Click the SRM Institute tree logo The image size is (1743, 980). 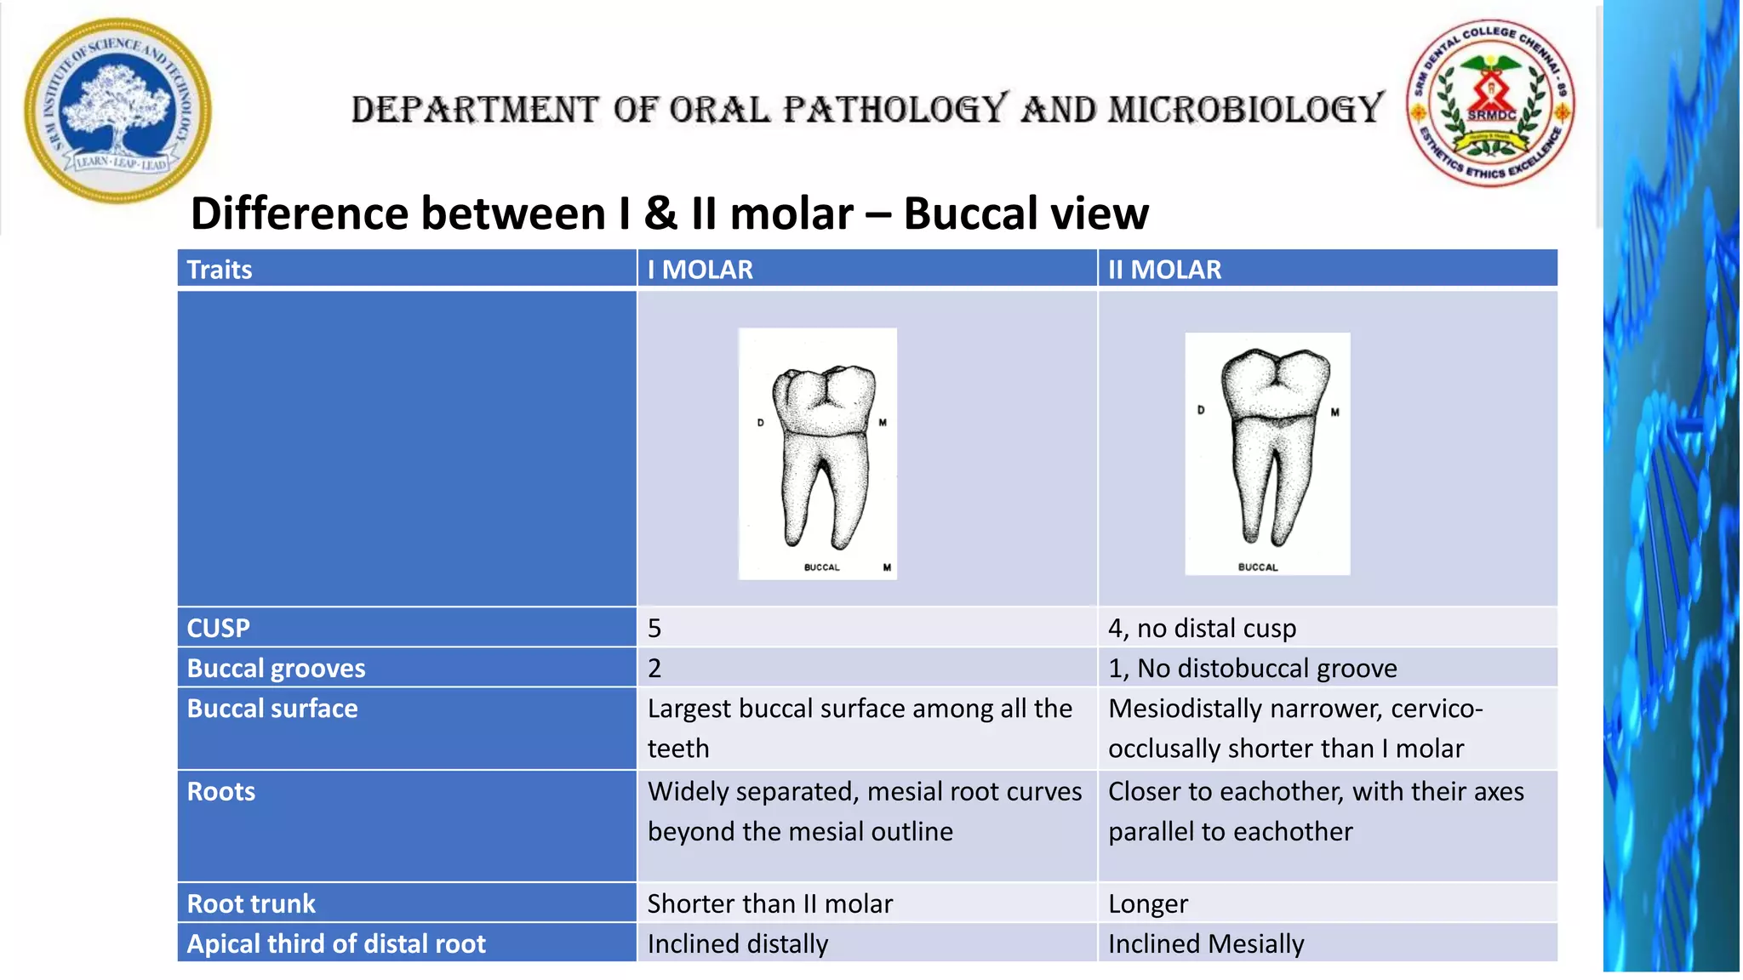point(117,111)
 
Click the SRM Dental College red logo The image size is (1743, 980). point(1490,104)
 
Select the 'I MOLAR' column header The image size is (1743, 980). point(700,270)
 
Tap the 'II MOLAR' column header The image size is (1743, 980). point(1164,270)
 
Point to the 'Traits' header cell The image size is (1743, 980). point(220,270)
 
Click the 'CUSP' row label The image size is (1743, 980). point(219,628)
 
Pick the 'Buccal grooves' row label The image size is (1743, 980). point(276,669)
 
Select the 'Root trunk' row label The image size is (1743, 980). point(251,903)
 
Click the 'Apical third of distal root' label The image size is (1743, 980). point(336,943)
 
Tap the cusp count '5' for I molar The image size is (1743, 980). point(654,628)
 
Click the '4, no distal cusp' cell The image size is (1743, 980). point(1202,628)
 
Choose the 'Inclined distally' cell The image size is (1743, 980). point(738,943)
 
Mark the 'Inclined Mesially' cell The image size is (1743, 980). point(1206,943)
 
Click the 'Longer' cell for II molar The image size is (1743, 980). point(1148,903)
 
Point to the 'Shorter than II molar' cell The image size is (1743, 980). point(770,903)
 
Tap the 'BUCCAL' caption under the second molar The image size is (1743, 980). point(1258,567)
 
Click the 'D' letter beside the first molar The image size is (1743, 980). point(761,423)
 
